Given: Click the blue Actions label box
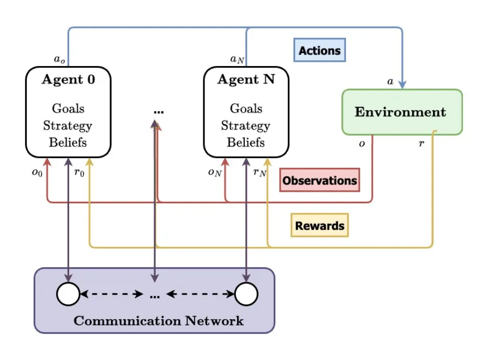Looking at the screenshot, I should point(319,51).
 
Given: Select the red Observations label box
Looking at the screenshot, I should point(319,180).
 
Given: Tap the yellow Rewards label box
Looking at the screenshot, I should point(319,226).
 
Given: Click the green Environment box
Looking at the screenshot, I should point(402,112).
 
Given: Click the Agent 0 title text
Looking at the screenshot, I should point(68,80).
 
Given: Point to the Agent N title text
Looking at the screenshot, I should point(246,80).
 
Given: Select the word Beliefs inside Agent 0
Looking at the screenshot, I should point(68,142).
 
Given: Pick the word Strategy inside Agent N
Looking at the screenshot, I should point(246,125).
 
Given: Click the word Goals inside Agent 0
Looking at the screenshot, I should point(68,108).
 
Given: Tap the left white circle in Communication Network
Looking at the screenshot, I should point(68,294).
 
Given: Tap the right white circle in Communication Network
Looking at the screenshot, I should point(246,294).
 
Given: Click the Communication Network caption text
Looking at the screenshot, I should point(158,321).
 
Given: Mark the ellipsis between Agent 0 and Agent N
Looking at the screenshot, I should point(159,112).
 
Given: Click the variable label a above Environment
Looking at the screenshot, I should point(390,81).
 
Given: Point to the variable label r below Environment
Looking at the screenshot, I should point(421,143).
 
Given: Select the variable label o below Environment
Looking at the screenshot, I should point(362,143).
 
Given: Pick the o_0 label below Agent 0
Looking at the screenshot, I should point(36,173).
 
